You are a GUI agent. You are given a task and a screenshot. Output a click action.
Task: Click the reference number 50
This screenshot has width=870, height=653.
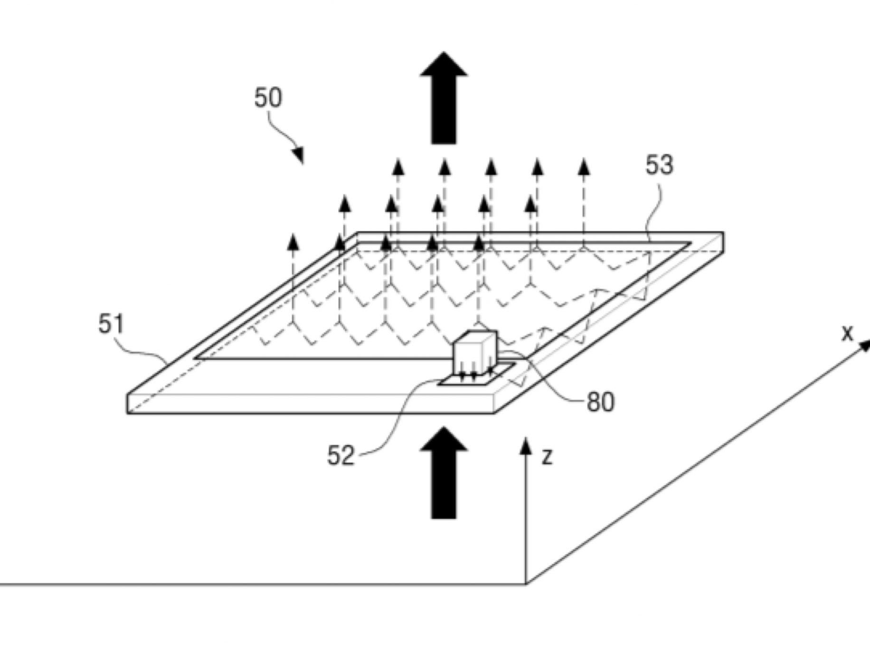point(268,98)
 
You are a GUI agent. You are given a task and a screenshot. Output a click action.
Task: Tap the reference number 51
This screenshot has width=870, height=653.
point(111,325)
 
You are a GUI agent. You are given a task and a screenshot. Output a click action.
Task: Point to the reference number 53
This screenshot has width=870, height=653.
point(659,165)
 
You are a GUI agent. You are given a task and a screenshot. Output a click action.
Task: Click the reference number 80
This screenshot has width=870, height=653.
point(601,402)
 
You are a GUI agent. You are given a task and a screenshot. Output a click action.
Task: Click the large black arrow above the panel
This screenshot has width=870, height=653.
point(444,97)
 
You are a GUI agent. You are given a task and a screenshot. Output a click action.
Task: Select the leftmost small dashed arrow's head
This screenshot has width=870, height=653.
point(294,241)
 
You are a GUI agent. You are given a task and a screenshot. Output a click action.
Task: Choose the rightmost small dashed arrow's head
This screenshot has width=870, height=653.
point(584,167)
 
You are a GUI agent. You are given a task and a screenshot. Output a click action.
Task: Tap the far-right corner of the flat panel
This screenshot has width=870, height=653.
point(723,234)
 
